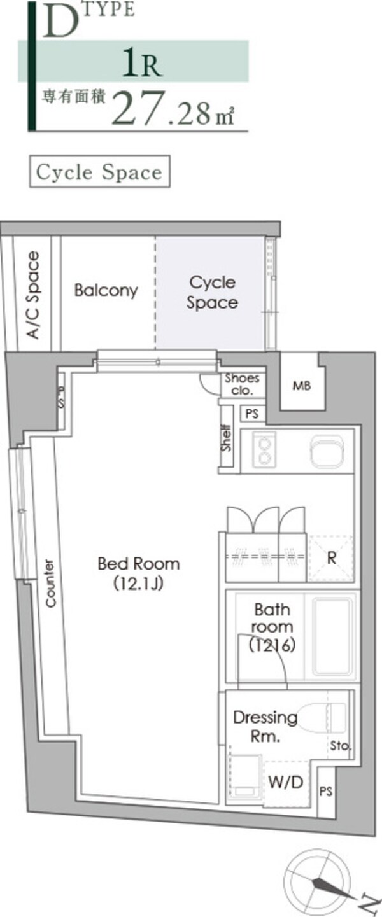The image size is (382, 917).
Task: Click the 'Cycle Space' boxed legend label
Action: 99,172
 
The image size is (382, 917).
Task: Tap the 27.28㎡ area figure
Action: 173,108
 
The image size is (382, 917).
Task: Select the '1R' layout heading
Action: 142,62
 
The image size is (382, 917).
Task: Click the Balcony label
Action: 106,290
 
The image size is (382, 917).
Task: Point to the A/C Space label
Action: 34,295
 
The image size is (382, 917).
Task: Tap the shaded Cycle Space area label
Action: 212,292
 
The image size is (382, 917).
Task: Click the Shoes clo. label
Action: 242,384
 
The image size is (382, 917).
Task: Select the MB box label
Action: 302,385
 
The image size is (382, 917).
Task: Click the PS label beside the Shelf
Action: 252,414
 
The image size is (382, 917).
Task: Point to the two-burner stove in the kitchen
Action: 264,449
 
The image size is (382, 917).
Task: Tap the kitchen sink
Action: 327,451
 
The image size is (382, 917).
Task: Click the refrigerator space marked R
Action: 332,557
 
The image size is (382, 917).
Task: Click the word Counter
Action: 50,584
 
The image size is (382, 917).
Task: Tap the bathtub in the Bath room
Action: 332,636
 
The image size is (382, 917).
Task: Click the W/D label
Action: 286,782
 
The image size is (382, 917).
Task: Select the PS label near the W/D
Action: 326,792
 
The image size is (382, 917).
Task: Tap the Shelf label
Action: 227,438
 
